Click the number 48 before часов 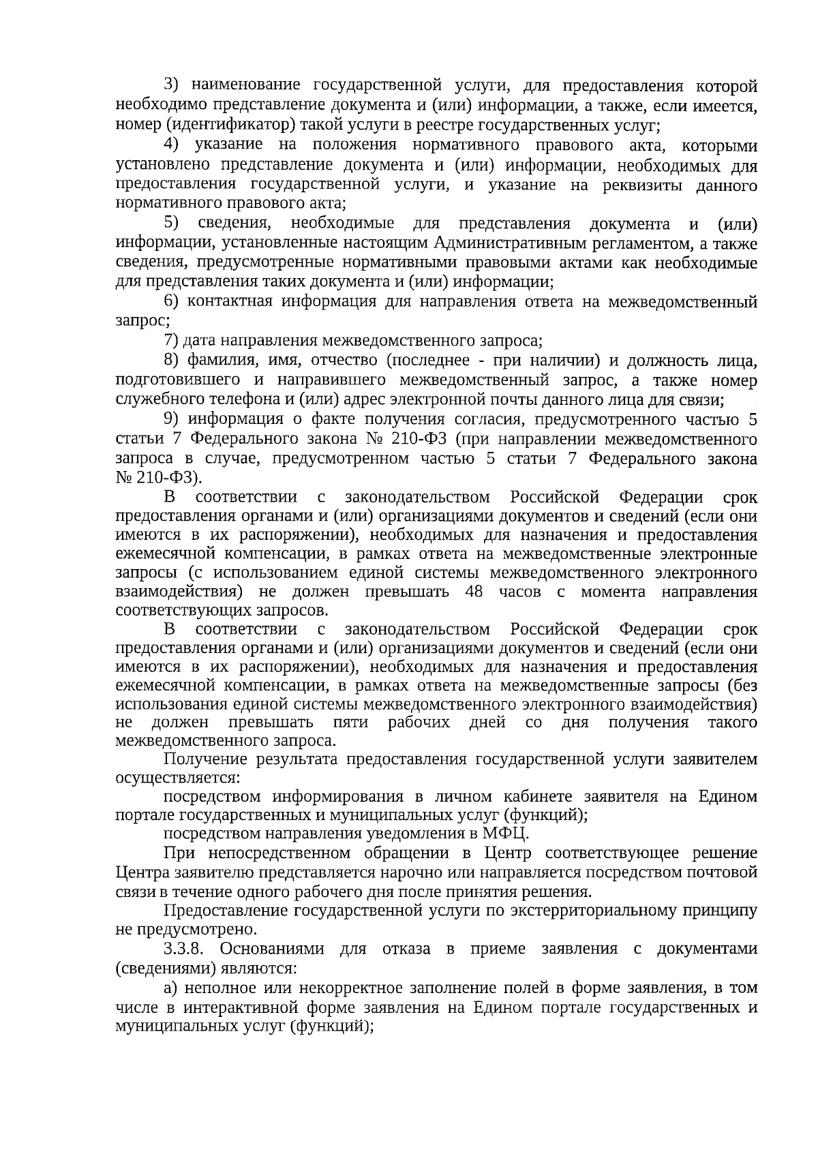click(x=473, y=591)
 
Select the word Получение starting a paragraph click(x=206, y=759)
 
